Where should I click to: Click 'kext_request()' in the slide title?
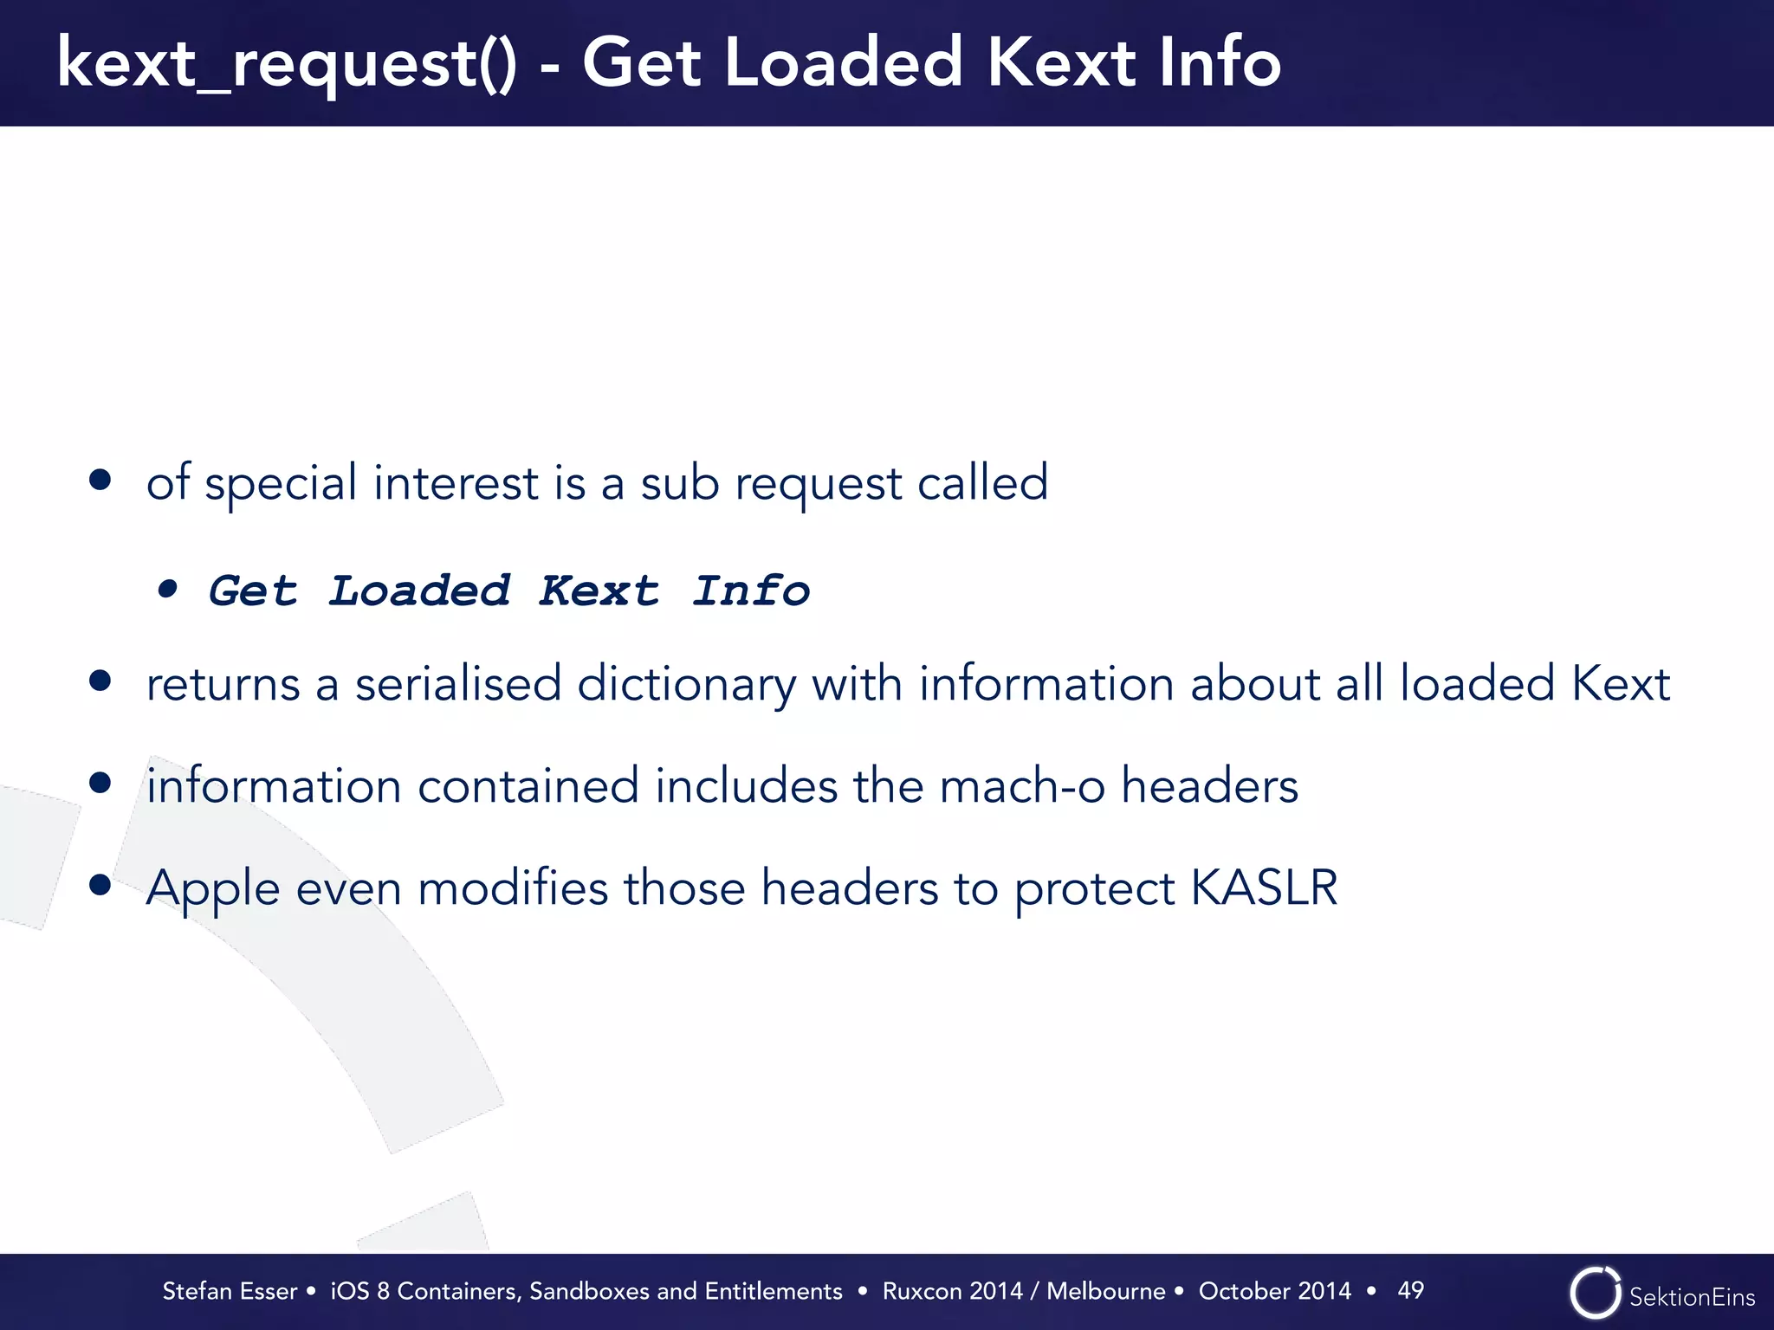(x=286, y=64)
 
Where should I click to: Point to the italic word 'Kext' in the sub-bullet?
(x=599, y=591)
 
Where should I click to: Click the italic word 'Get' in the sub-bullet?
(x=253, y=591)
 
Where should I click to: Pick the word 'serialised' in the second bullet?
(x=458, y=684)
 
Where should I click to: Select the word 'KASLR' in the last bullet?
(x=1264, y=888)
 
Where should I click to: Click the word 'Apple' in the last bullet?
(x=213, y=889)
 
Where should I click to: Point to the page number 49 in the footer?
(x=1410, y=1290)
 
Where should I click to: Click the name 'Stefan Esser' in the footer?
(x=230, y=1291)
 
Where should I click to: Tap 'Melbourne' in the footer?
(x=1105, y=1291)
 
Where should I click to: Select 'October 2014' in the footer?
(x=1274, y=1291)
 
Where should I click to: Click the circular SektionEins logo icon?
(x=1595, y=1294)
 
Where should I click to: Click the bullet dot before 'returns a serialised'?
(x=100, y=681)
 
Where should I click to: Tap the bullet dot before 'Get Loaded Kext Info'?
(x=168, y=591)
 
